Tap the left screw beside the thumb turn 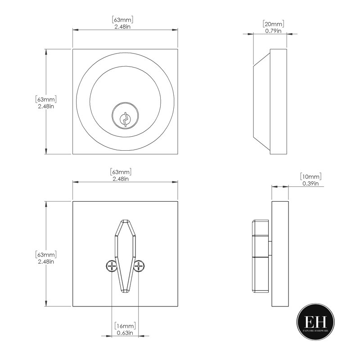click(x=112, y=266)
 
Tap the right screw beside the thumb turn click(x=139, y=266)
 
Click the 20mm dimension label click(x=273, y=24)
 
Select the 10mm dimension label click(x=310, y=176)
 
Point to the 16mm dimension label click(x=125, y=326)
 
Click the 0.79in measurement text click(x=273, y=31)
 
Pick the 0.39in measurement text click(x=310, y=184)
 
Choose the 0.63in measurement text click(x=125, y=333)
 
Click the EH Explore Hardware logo click(x=315, y=322)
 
